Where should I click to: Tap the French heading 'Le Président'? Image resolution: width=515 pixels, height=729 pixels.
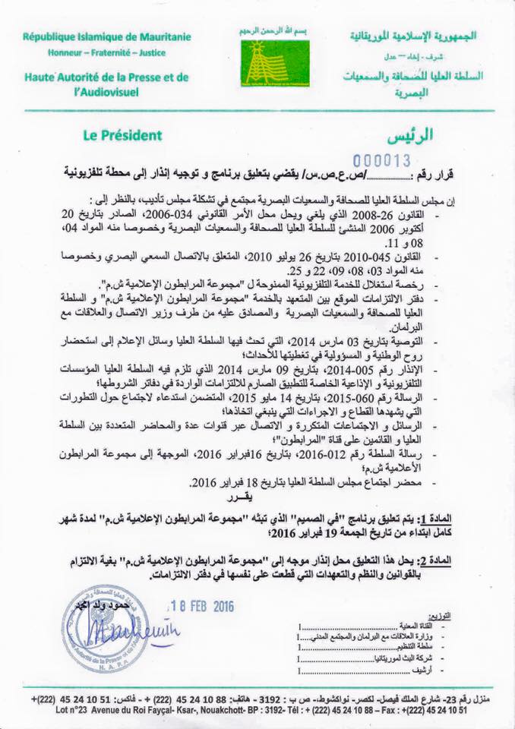[123, 136]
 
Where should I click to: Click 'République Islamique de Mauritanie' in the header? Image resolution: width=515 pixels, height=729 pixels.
[106, 36]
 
